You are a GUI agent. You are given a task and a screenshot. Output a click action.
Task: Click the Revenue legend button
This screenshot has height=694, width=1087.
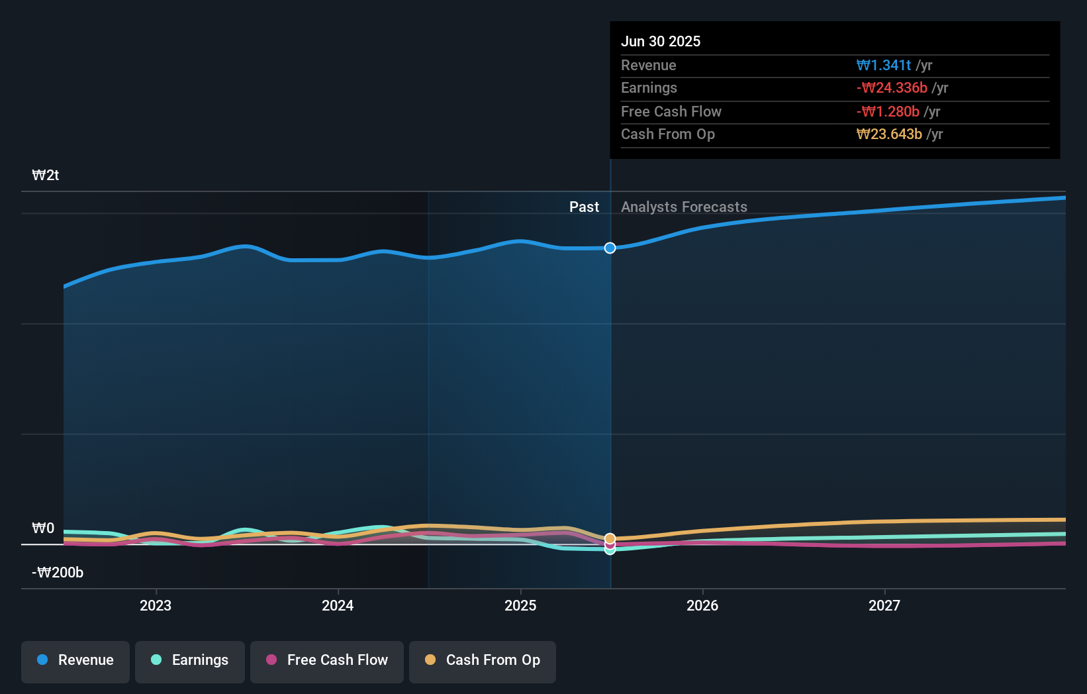click(x=75, y=660)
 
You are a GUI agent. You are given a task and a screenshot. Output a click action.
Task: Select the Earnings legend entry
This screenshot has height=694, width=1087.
click(x=190, y=660)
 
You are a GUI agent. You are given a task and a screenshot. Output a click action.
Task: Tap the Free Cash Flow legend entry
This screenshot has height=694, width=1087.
click(x=327, y=660)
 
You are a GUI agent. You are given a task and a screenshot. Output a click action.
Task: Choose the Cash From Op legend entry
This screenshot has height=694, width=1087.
click(x=483, y=660)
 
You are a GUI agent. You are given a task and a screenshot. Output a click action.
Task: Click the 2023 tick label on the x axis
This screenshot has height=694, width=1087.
click(x=156, y=605)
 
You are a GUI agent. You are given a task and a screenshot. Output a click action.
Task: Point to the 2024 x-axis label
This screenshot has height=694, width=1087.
click(x=338, y=605)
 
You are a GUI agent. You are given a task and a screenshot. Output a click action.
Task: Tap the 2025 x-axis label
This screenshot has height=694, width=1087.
click(x=520, y=605)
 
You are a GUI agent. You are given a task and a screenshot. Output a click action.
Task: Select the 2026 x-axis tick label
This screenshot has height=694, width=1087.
click(x=702, y=605)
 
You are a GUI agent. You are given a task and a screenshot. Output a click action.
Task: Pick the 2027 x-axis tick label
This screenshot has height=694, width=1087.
click(x=884, y=605)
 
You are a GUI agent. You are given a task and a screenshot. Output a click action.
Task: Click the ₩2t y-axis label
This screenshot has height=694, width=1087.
click(x=46, y=175)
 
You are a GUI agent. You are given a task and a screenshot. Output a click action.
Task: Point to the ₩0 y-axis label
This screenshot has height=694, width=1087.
click(x=44, y=528)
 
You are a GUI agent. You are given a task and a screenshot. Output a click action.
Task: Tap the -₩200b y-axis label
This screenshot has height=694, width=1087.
click(x=58, y=572)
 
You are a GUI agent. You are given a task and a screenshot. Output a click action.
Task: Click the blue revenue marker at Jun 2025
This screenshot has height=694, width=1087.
click(x=610, y=248)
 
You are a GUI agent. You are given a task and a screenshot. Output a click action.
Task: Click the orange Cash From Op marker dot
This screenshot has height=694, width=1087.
click(x=610, y=538)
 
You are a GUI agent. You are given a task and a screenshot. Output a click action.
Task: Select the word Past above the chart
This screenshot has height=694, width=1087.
click(x=584, y=207)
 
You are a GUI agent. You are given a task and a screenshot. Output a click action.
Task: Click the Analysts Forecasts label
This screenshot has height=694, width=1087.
click(x=684, y=207)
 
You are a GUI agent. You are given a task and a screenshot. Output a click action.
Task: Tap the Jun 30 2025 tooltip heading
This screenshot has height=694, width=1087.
click(x=661, y=41)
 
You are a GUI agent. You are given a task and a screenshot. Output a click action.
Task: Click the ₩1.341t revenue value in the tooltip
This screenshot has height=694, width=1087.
click(x=883, y=65)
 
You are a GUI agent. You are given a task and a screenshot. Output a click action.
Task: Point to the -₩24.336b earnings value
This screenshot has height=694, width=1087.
click(x=892, y=87)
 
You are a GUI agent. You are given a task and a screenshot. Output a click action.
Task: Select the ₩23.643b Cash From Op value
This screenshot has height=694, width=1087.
click(x=889, y=134)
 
